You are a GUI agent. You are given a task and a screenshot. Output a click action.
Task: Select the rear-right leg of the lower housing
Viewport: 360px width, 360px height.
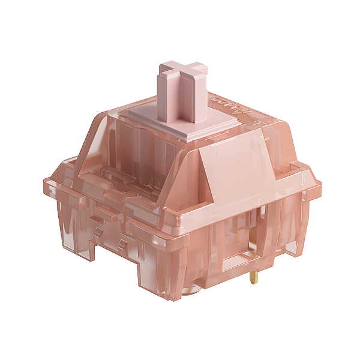[x=294, y=240]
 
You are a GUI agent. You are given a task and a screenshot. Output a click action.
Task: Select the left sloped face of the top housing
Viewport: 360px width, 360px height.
[x=96, y=144]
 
